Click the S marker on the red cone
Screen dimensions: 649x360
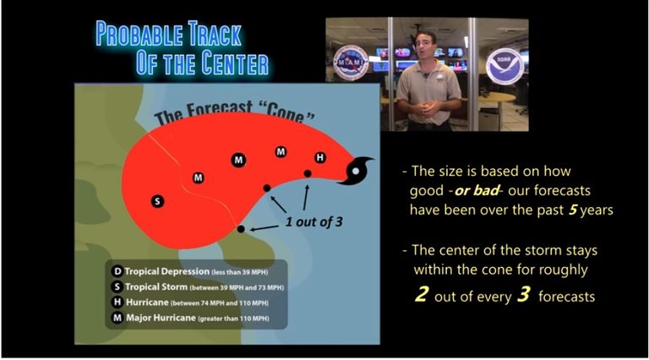(157, 201)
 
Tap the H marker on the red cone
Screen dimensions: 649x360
(320, 158)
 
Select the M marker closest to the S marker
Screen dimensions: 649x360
(199, 178)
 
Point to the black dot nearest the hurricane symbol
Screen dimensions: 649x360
(308, 173)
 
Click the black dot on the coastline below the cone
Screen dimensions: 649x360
(241, 228)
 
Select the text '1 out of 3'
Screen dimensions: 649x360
(314, 221)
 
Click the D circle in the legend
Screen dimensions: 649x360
(117, 271)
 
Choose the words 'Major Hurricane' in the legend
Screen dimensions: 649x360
(161, 318)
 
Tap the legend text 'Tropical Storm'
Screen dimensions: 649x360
(156, 286)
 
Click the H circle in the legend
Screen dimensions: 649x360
(117, 303)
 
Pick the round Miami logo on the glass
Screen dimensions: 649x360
(351, 63)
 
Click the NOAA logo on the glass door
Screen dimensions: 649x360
(504, 66)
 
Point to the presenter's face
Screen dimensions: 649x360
(426, 46)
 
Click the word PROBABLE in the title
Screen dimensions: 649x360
(139, 34)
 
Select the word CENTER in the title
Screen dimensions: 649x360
(235, 63)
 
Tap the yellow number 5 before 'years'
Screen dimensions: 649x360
(573, 210)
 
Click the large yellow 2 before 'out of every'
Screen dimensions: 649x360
(422, 295)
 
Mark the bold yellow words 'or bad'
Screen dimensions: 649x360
(476, 191)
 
